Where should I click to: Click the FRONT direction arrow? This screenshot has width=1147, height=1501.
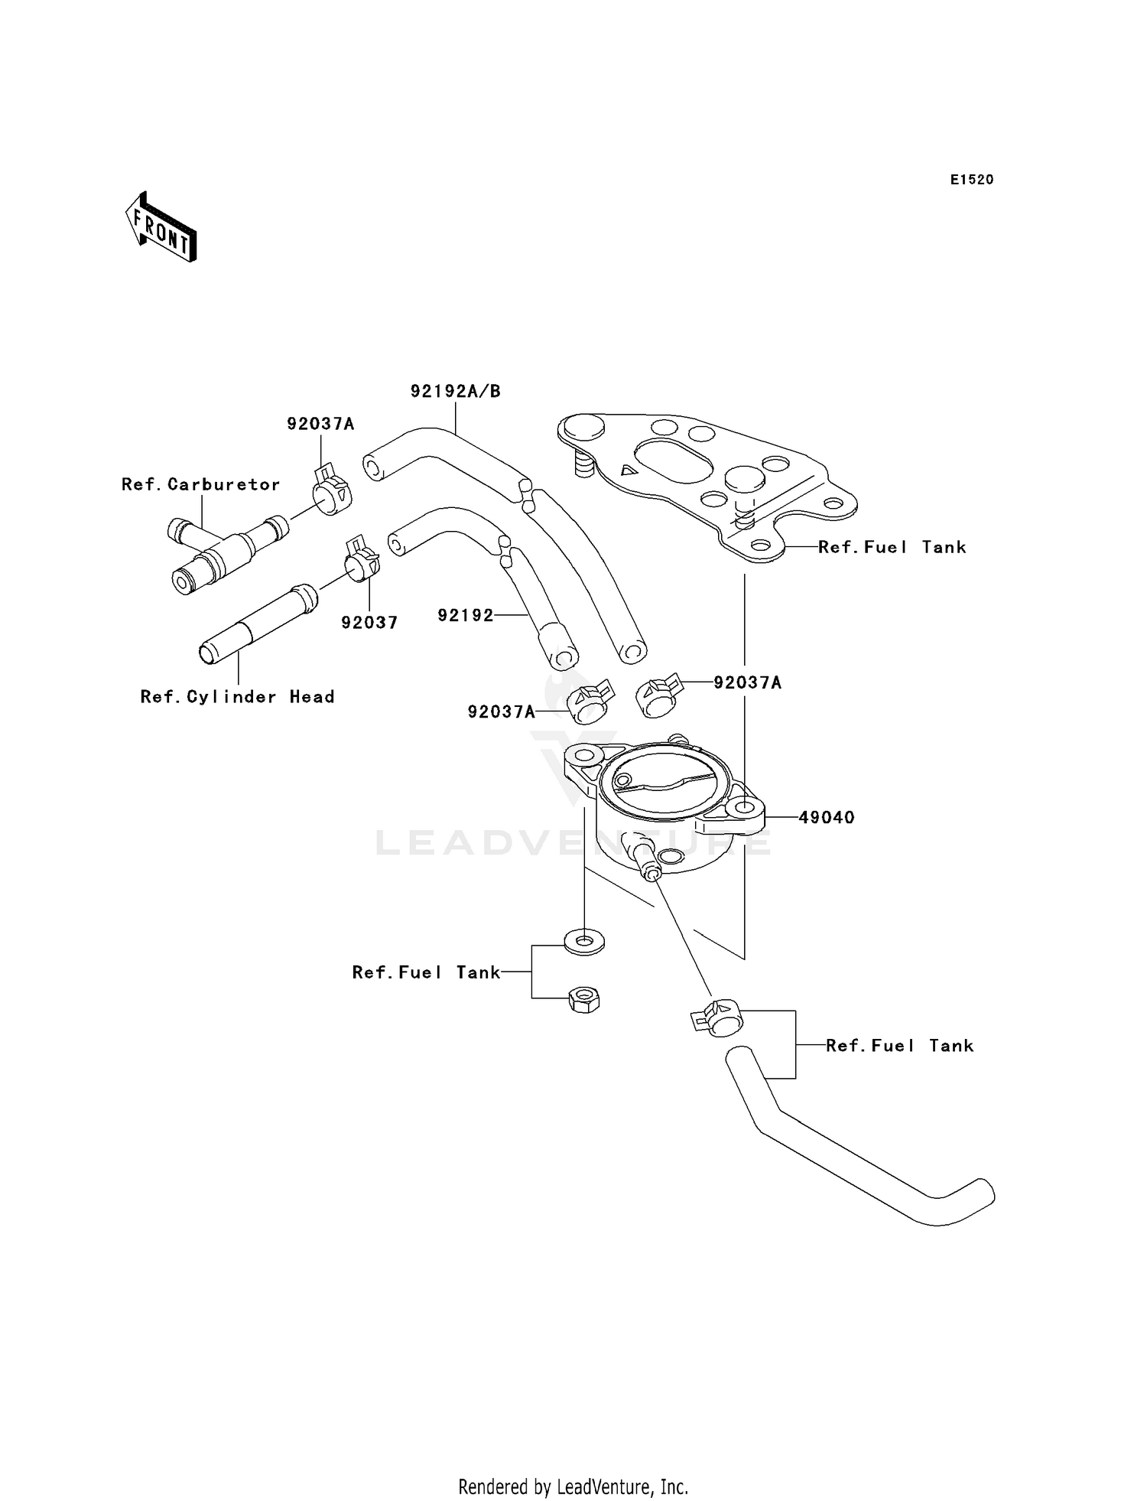(x=161, y=227)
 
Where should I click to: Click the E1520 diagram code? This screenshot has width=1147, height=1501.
(x=971, y=180)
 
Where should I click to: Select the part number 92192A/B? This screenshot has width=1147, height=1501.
(x=455, y=392)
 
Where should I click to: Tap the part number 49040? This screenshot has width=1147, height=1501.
(x=826, y=817)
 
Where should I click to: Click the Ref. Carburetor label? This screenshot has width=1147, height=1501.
(x=201, y=484)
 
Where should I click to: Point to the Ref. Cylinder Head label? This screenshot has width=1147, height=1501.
(x=237, y=697)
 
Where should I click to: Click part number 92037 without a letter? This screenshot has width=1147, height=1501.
(x=369, y=623)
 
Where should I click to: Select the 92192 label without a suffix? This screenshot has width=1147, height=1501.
(x=466, y=615)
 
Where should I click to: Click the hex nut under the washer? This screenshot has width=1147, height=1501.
(x=584, y=999)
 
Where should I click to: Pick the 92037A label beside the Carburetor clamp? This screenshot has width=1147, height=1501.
(x=320, y=424)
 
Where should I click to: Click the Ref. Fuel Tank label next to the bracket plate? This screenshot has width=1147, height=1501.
(x=892, y=547)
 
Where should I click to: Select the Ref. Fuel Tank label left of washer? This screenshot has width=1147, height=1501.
(x=426, y=972)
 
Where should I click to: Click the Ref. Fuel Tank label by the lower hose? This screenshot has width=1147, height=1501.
(x=899, y=1046)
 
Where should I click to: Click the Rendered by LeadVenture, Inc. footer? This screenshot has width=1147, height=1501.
(x=573, y=1486)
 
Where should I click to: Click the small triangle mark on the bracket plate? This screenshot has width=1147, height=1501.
(x=628, y=470)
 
